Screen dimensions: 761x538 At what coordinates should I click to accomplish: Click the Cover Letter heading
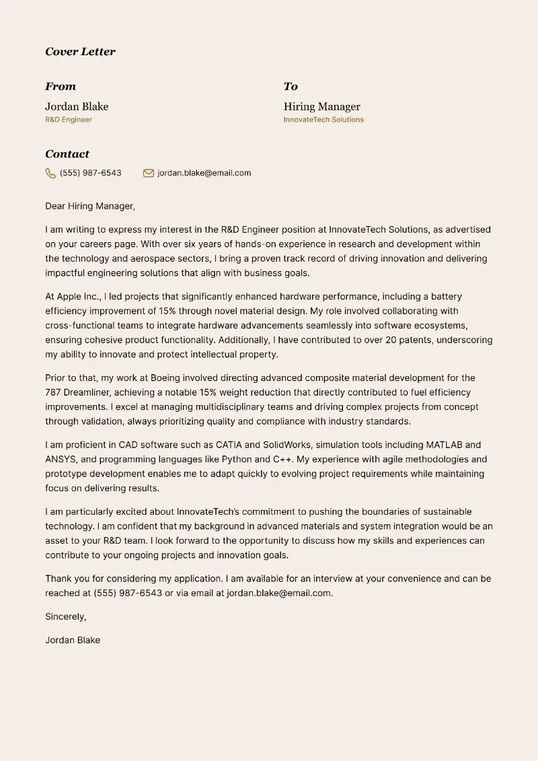(80, 52)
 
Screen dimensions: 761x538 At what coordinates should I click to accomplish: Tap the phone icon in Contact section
(50, 174)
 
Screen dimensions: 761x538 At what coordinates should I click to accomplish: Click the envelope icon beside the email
(149, 174)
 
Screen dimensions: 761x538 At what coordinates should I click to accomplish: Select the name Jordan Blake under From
(77, 106)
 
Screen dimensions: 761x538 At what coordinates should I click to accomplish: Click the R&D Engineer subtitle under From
(69, 120)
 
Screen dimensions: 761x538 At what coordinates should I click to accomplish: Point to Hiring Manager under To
(321, 106)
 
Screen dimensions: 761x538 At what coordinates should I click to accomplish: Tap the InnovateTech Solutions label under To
(323, 120)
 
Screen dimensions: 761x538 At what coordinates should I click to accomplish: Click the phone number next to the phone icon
(91, 173)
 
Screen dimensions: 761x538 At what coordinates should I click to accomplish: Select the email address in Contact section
(204, 173)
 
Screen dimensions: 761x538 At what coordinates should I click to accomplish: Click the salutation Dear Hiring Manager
(90, 207)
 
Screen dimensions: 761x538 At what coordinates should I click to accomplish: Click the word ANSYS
(61, 460)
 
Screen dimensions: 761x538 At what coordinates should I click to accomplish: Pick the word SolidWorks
(286, 445)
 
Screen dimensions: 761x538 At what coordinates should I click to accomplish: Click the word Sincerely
(66, 616)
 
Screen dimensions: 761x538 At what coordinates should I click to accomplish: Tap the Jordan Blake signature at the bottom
(73, 640)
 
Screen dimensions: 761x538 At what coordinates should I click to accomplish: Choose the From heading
(61, 87)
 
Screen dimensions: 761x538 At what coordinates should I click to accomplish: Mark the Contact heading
(67, 154)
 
